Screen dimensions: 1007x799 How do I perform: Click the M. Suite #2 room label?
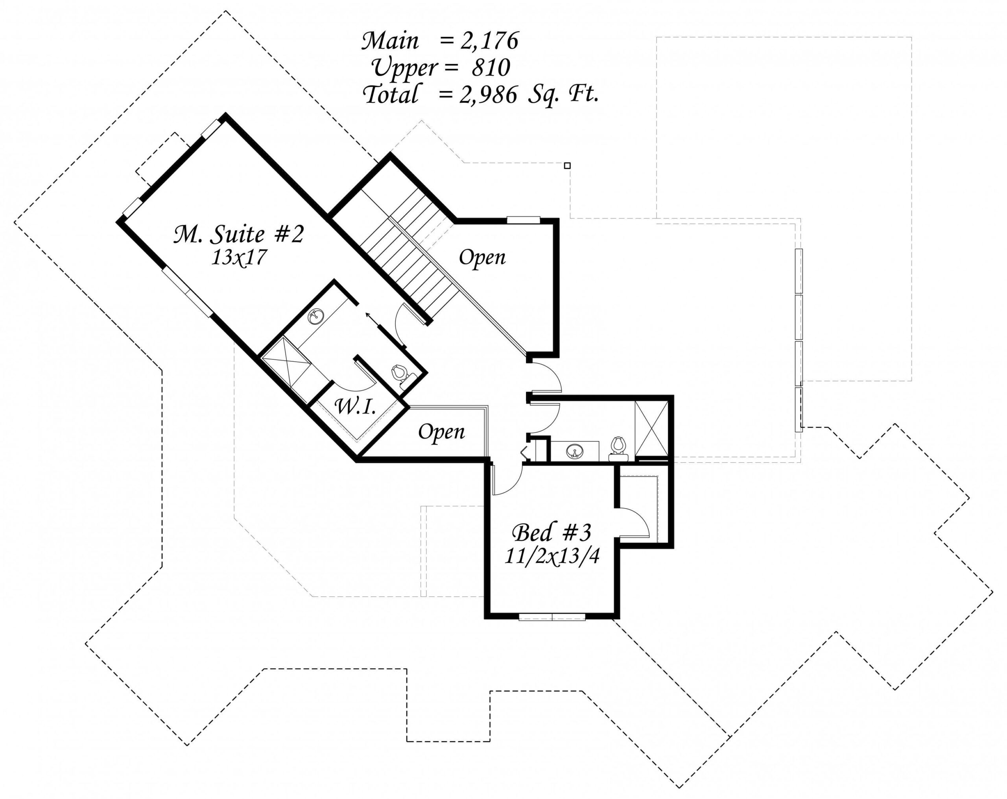(x=239, y=235)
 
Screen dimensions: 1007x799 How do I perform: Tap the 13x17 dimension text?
(x=239, y=257)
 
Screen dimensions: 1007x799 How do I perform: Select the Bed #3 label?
(x=551, y=533)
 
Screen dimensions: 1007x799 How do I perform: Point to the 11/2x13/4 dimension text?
(x=551, y=556)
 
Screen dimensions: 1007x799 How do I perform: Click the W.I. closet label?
(x=356, y=407)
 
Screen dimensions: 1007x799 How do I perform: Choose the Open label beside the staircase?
(x=482, y=257)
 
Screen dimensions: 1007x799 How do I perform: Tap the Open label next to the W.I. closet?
(x=441, y=432)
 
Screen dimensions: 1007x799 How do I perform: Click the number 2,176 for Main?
(x=489, y=41)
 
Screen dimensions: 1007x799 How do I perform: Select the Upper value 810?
(x=491, y=68)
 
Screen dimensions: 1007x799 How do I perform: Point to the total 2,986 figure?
(x=489, y=95)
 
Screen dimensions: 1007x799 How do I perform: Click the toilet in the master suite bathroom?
(x=401, y=375)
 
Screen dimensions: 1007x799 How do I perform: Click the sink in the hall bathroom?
(x=575, y=452)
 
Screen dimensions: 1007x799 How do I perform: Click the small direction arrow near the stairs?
(x=373, y=320)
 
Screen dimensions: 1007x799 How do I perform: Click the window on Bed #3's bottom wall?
(x=552, y=616)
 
